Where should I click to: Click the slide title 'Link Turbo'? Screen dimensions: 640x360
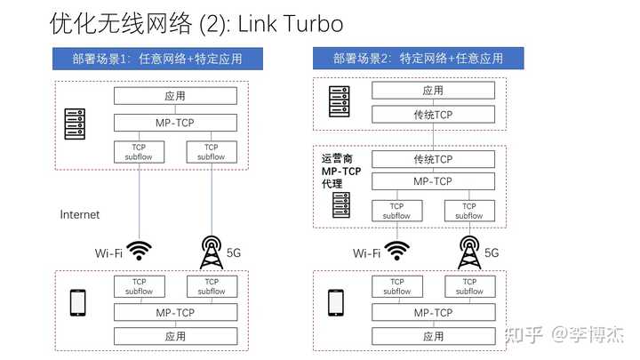[290, 24]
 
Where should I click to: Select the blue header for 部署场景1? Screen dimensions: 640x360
[157, 59]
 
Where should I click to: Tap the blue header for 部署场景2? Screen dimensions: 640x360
[419, 59]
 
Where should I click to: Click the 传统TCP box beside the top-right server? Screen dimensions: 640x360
[433, 115]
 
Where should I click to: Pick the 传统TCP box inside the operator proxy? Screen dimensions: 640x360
[433, 159]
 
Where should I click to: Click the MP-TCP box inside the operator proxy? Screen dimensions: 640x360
[433, 181]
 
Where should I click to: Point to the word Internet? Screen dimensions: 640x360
[80, 215]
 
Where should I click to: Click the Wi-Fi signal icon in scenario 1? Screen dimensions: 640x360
[140, 250]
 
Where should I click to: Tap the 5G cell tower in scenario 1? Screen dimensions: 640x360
[212, 252]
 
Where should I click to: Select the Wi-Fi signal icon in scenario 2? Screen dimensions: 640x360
[397, 250]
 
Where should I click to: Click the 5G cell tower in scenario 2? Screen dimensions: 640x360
[469, 252]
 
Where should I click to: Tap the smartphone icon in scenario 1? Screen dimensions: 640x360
[78, 303]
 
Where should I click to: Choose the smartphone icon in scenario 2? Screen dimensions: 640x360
[336, 303]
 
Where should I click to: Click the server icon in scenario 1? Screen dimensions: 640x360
[75, 124]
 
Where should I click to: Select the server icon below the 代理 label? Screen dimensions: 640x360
[341, 205]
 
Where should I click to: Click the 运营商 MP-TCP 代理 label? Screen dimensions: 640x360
[341, 171]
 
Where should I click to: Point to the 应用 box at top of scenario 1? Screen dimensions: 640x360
[175, 96]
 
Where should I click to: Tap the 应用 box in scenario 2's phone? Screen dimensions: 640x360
[434, 336]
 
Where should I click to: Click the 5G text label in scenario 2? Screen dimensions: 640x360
[492, 253]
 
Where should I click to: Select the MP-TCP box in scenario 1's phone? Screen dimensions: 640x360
[175, 313]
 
